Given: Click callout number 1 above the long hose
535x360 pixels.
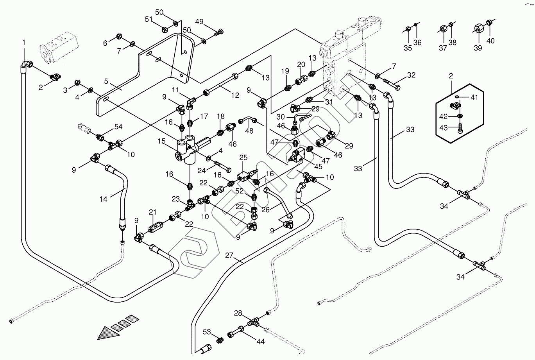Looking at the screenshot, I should click(x=24, y=42).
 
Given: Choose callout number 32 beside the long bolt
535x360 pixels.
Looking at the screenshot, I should click(x=412, y=75).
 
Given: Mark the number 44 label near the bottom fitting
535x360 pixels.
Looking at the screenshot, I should click(x=260, y=341).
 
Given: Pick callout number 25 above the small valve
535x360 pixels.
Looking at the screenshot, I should click(x=243, y=158).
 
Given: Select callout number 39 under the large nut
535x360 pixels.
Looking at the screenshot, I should click(x=478, y=48).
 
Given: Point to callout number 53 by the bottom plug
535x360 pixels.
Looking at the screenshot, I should click(x=207, y=332).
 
